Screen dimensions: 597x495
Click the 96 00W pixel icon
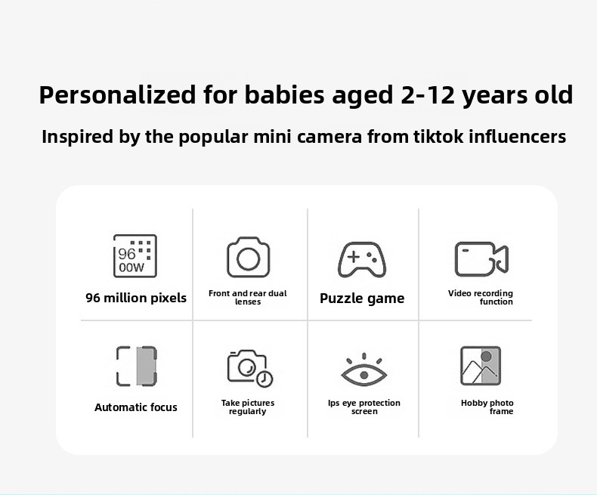pos(135,256)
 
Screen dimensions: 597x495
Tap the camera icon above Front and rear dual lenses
pos(248,257)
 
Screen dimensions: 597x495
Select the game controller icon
pos(362,259)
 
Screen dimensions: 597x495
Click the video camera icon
pos(481,259)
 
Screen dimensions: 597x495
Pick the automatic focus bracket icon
pos(136,366)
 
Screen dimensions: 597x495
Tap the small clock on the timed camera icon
pos(264,379)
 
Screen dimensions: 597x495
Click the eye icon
pos(364,370)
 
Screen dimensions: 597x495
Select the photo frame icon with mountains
pos(481,366)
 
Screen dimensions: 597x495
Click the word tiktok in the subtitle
pos(438,137)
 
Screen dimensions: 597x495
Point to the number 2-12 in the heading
pos(428,94)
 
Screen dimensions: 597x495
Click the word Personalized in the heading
pos(117,94)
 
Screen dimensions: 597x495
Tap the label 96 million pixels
pos(136,298)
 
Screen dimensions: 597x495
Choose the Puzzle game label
pos(362,299)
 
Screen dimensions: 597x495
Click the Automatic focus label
pos(136,407)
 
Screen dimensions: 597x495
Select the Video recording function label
pos(481,298)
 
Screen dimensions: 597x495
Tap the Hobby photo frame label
pos(487,407)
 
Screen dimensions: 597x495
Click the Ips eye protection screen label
pos(364,407)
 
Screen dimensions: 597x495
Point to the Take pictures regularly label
pos(248,407)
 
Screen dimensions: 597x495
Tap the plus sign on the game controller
pos(354,257)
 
